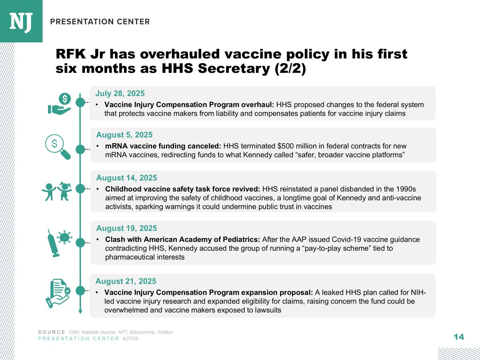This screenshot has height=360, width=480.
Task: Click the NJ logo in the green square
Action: click(21, 21)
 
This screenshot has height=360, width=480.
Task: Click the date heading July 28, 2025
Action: click(120, 94)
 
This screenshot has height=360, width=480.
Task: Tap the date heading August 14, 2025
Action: click(126, 178)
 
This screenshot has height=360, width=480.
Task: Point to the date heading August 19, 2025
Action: click(126, 228)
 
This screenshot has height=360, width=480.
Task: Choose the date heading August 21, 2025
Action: click(126, 281)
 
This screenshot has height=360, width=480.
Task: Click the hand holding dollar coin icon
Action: click(60, 104)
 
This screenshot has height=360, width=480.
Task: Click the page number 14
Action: click(459, 337)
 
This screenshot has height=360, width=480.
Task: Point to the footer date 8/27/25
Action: click(130, 338)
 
